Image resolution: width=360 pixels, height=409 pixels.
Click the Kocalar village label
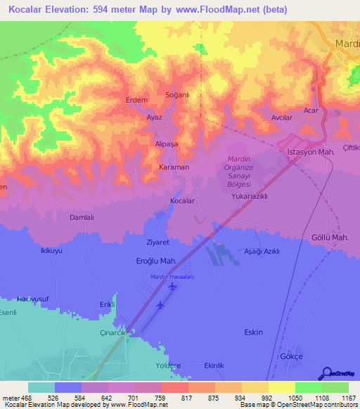tap(182, 201)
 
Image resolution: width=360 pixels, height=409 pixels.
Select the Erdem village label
tap(136, 100)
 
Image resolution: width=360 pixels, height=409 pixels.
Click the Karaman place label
tap(173, 168)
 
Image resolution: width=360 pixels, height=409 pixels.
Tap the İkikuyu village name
tap(51, 250)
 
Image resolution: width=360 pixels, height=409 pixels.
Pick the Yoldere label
tap(168, 366)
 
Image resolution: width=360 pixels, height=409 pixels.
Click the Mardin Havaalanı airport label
tap(172, 277)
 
